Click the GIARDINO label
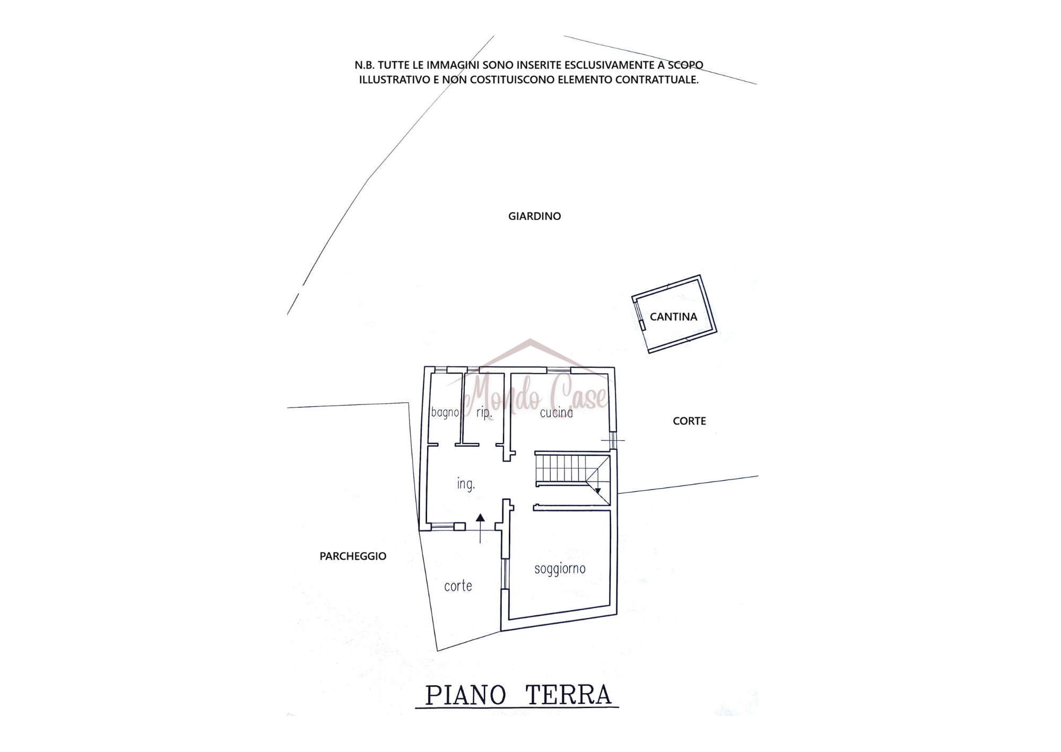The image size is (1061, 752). [x=534, y=216]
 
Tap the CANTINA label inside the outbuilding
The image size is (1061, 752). [x=673, y=317]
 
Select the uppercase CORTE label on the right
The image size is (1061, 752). [x=689, y=421]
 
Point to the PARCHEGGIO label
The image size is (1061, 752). [x=353, y=556]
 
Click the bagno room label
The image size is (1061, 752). [x=445, y=412]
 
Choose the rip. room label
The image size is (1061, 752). [x=484, y=412]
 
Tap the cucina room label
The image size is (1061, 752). [x=556, y=412]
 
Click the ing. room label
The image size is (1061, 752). [x=466, y=484]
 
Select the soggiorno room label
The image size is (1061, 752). [x=560, y=569]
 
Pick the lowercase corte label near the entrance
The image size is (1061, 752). [x=458, y=586]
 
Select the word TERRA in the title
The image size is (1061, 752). [x=568, y=696]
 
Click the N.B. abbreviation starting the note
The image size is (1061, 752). [x=364, y=65]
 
